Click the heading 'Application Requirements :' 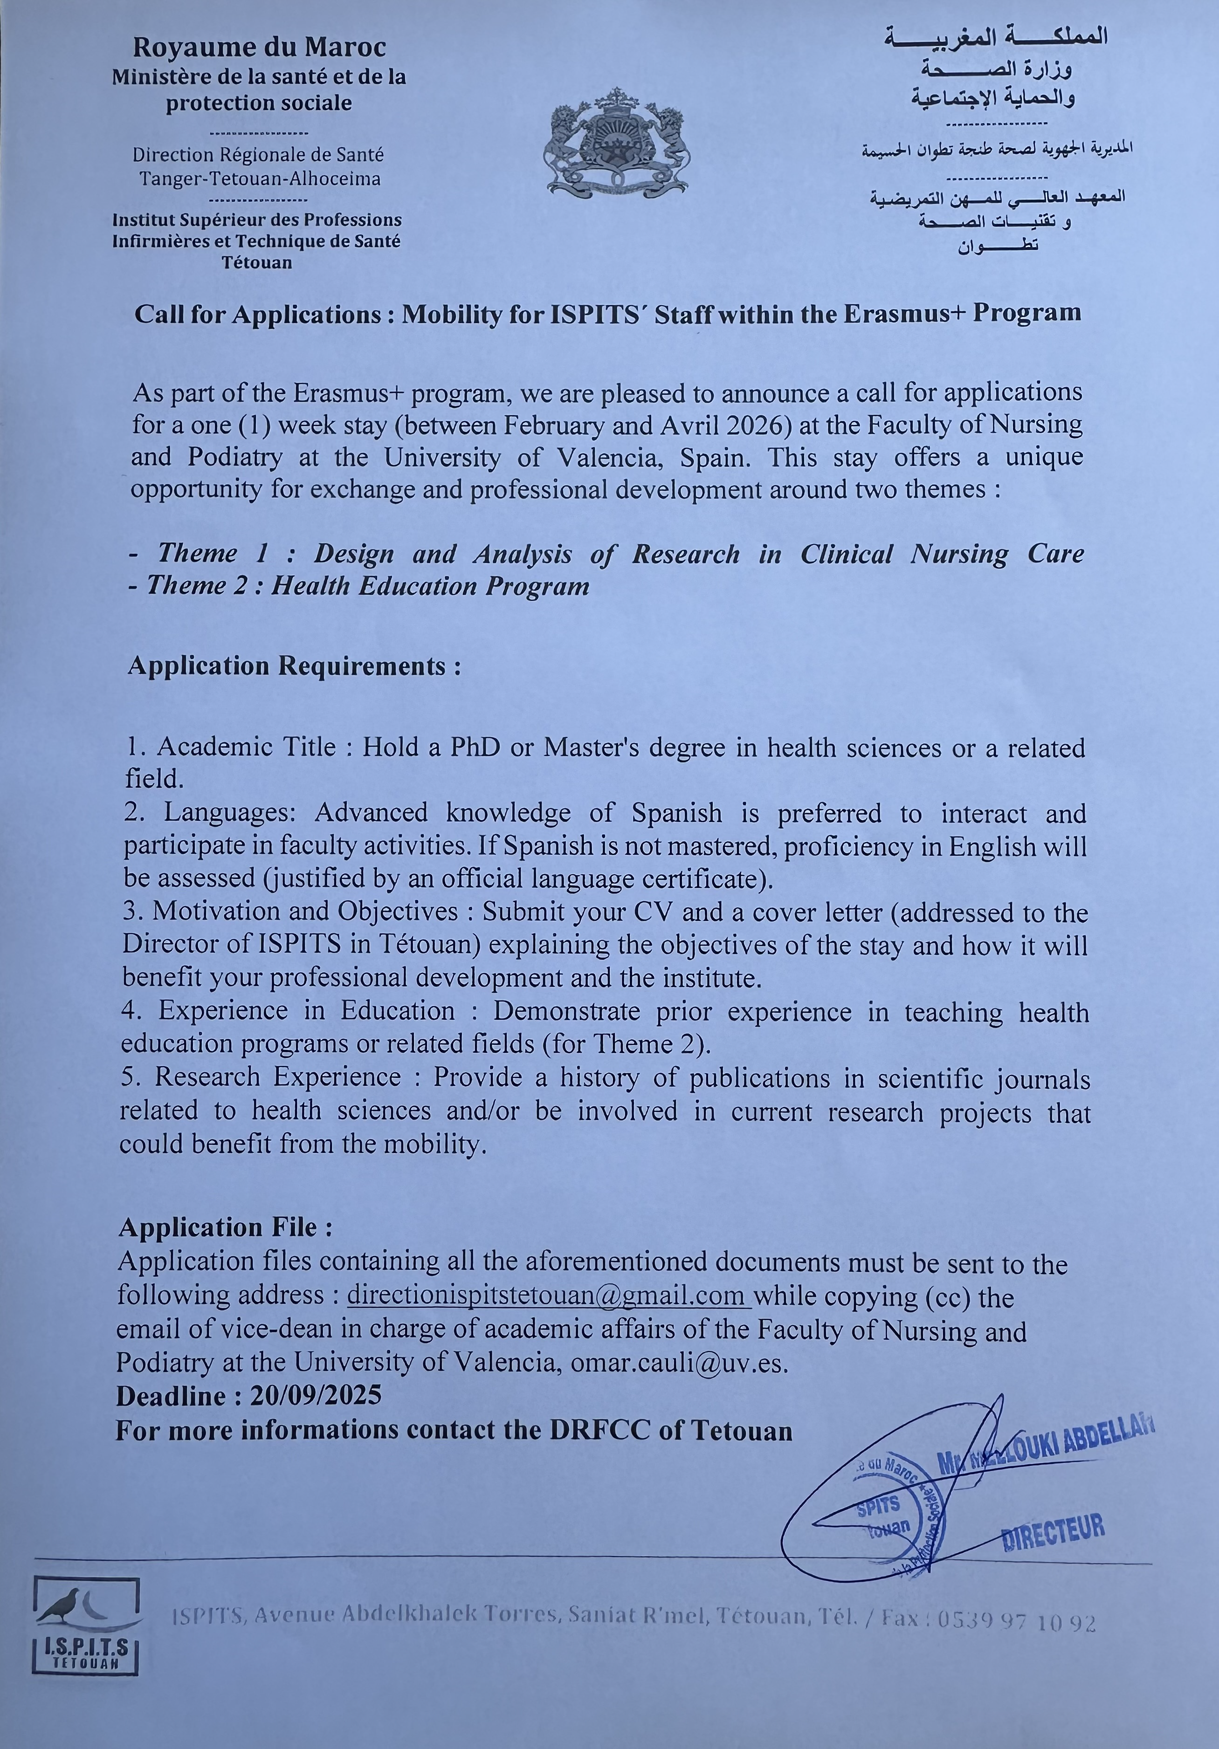[294, 666]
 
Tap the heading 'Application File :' [226, 1227]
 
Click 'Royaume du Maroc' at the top [259, 47]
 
